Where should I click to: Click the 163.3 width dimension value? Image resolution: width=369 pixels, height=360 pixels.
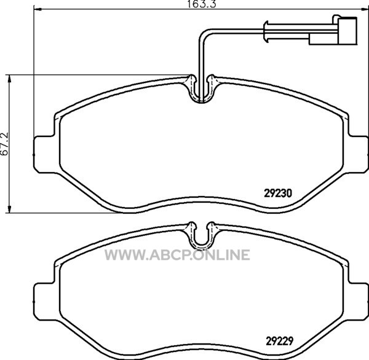click(202, 4)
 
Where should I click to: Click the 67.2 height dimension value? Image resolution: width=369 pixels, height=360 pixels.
click(5, 144)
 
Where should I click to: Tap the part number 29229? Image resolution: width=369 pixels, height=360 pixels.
click(280, 341)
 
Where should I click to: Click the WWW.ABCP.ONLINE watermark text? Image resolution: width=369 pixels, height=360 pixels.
click(177, 255)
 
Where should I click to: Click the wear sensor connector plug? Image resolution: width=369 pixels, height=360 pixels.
click(347, 30)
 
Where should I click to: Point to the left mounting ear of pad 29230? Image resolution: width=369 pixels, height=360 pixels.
click(45, 154)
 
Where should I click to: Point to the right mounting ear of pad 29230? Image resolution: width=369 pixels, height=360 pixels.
click(358, 154)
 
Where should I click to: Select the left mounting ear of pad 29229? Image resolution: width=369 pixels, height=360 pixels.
click(45, 302)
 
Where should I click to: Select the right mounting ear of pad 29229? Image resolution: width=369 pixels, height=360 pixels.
click(358, 302)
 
